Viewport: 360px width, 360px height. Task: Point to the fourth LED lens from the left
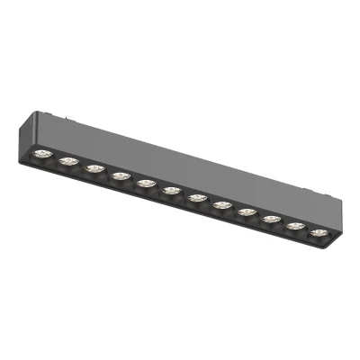point(119,175)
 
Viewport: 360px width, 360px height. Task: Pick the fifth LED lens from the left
point(144,181)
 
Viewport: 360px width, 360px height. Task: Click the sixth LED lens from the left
point(169,188)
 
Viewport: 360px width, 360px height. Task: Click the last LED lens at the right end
point(317,231)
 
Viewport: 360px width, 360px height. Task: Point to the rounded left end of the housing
point(31,135)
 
